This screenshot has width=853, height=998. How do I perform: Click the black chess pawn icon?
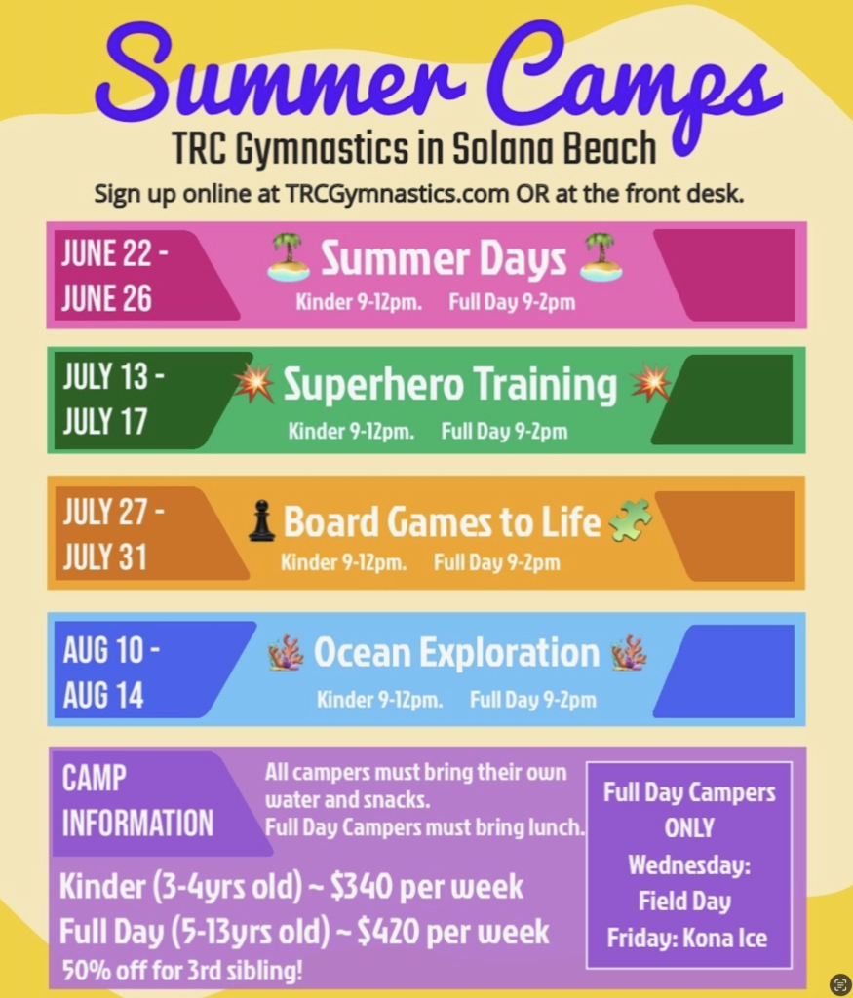coord(261,520)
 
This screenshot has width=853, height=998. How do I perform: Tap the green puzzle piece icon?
coord(630,520)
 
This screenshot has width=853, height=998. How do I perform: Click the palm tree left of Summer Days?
coord(289,257)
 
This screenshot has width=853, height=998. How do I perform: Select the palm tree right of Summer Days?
coord(601,257)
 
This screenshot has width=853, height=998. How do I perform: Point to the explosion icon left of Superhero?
coord(254,383)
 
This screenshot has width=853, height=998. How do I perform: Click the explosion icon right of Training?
coord(650,383)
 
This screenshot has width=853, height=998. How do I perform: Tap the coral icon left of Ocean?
coord(286,652)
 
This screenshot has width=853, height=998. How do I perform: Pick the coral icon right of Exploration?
coord(629,652)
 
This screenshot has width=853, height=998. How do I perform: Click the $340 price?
coord(361,886)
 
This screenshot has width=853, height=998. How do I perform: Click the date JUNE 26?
coord(107,298)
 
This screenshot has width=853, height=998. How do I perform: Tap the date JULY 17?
coord(105,421)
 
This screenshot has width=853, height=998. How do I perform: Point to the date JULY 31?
coord(105,557)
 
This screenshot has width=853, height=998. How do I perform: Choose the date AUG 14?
coord(103,695)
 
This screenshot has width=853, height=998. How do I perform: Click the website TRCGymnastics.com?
coord(397,194)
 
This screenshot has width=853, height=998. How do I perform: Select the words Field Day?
coord(685,902)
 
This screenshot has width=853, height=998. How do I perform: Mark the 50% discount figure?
coord(86,971)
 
